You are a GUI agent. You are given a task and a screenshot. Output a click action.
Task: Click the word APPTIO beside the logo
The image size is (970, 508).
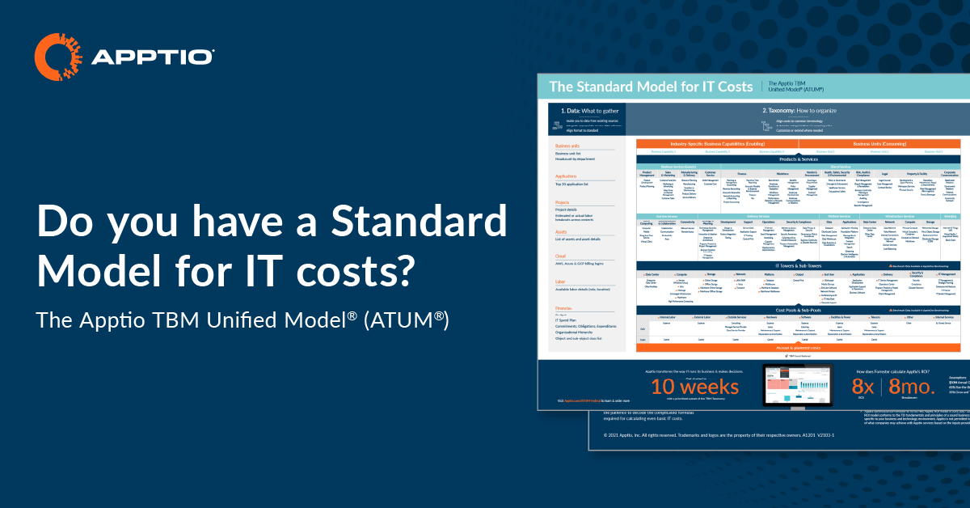pos(153,57)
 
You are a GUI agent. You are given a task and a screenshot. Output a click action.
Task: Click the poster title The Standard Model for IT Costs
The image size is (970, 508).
pos(650,86)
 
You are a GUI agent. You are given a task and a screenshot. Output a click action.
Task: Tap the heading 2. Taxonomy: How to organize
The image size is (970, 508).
pos(799,109)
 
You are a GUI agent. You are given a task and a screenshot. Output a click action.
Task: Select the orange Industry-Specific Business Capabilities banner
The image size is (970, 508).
pos(716,143)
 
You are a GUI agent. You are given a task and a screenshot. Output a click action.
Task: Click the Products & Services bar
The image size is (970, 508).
pos(799,159)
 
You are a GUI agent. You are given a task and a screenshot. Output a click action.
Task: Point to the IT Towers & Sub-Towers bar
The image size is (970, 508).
pos(799,265)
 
